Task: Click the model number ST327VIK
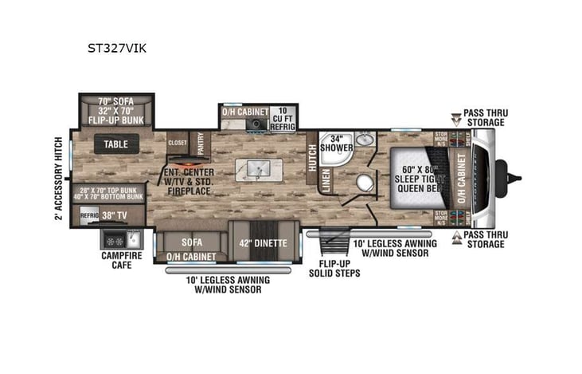(116, 48)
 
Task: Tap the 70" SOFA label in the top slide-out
(115, 101)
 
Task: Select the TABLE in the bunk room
(115, 144)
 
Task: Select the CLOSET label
(178, 141)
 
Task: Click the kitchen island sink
(256, 169)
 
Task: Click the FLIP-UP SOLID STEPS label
(334, 267)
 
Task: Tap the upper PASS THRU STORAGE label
(485, 118)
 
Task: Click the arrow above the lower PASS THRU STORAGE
(455, 236)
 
